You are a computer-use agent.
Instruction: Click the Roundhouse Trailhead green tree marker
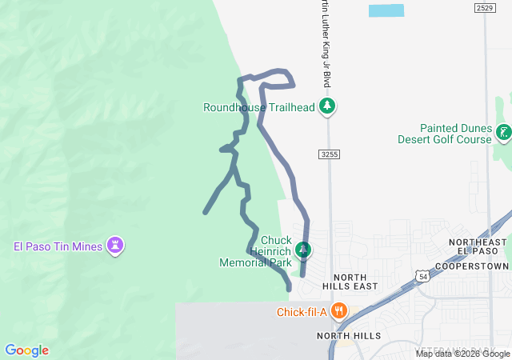[x=326, y=106]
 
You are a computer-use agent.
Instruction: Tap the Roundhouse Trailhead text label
[x=258, y=107]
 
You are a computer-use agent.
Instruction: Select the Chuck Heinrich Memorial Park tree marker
[x=302, y=250]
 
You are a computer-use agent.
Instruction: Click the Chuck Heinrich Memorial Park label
[x=255, y=250]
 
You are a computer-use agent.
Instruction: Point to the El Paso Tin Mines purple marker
[x=117, y=246]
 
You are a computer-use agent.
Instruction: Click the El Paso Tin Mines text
[x=58, y=246]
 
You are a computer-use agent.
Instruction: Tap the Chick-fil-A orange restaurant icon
[x=339, y=311]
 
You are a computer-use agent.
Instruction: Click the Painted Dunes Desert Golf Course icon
[x=503, y=133]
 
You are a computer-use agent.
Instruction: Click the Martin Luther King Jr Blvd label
[x=326, y=44]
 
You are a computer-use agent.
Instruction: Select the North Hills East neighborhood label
[x=350, y=281]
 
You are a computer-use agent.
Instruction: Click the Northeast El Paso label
[x=478, y=247]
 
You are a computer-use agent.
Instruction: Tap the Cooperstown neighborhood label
[x=472, y=266]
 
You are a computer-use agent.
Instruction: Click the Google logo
[x=26, y=350]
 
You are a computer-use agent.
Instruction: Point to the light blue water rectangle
[x=386, y=11]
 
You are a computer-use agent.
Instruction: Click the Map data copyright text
[x=462, y=354]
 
